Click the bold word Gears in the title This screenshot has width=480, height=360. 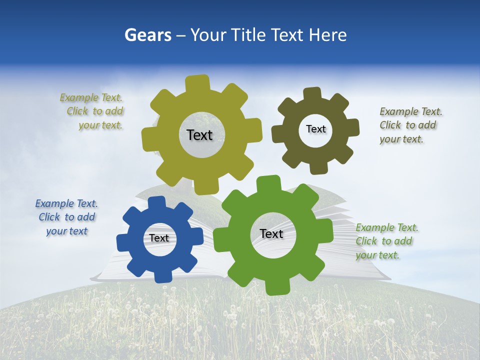tap(147, 35)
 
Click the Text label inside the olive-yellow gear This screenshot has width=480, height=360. tap(199, 135)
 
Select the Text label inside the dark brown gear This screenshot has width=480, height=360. tap(315, 129)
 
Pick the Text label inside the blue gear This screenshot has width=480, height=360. tap(159, 238)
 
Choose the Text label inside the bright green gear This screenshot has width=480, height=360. tap(271, 233)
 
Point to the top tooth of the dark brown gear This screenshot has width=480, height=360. tap(312, 94)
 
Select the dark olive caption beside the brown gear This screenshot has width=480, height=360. tap(410, 125)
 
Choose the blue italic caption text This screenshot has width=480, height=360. tap(66, 217)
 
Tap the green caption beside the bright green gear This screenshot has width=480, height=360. tap(386, 241)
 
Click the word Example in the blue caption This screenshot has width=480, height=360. tap(54, 203)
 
